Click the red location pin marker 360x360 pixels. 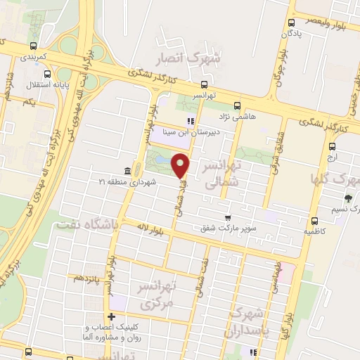pos(181,166)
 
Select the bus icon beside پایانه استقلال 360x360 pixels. pos(47,75)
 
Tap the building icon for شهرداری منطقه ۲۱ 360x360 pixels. pos(127,172)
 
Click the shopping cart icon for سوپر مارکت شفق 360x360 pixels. pos(226,217)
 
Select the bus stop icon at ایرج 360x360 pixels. pos(332,146)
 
